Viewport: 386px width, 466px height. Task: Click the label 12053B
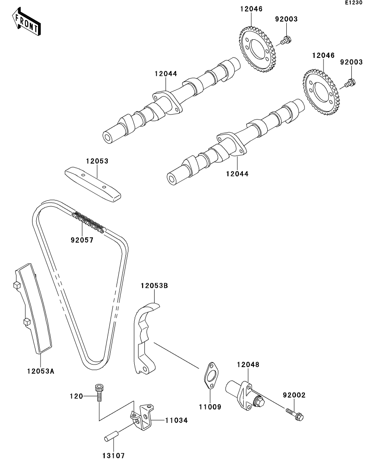point(154,286)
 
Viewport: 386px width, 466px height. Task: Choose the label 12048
point(248,364)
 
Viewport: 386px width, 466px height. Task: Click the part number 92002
point(294,395)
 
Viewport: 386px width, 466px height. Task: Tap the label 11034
point(176,420)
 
